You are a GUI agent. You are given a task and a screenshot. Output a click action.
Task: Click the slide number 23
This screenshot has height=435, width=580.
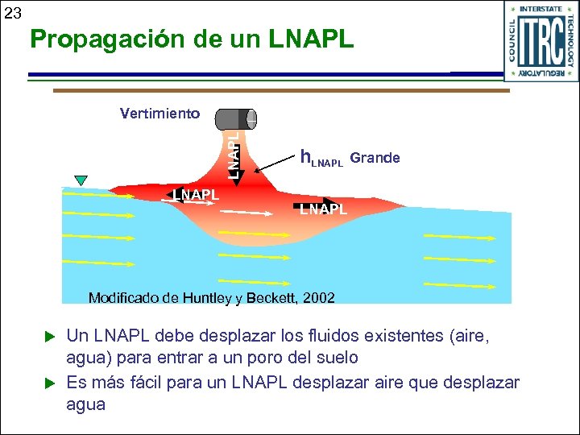point(12,13)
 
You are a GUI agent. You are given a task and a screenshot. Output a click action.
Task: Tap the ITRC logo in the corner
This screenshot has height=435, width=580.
point(541,41)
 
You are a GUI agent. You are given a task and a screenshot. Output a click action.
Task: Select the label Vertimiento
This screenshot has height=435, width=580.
point(159,114)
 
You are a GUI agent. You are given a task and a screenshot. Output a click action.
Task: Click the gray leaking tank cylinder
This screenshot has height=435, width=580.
point(235,119)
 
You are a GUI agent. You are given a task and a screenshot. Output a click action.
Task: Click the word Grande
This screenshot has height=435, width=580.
point(375,157)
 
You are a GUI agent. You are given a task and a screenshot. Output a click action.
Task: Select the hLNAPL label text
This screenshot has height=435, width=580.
point(321,159)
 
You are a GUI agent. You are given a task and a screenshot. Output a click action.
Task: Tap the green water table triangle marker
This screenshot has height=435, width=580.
point(80,180)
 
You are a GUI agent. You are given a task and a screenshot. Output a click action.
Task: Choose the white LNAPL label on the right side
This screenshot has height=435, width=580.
point(323,209)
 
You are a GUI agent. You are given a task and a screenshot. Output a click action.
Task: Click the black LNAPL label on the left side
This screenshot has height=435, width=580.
point(195,194)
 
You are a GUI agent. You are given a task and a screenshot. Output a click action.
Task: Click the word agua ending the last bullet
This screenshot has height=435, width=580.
point(85,404)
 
